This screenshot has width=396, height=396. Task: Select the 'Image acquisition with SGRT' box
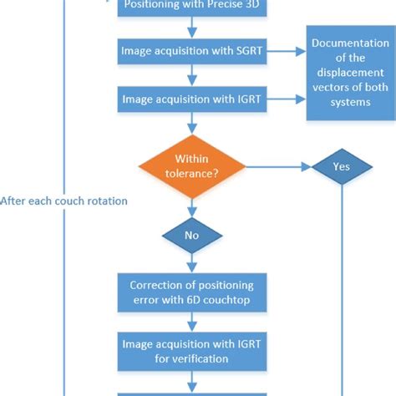pos(192,52)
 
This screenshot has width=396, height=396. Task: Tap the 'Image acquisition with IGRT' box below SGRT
pos(192,101)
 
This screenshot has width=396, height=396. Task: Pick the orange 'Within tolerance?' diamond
pos(192,165)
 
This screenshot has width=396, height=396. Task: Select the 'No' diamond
pos(192,236)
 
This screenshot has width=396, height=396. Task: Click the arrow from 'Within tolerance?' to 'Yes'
pos(280,165)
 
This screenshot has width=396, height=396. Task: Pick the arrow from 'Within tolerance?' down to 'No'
pos(192,207)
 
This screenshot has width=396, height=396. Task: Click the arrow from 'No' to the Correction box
pos(192,262)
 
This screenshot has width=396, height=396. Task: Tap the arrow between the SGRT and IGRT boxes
pos(192,77)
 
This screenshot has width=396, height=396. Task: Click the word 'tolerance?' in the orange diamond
pos(192,172)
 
